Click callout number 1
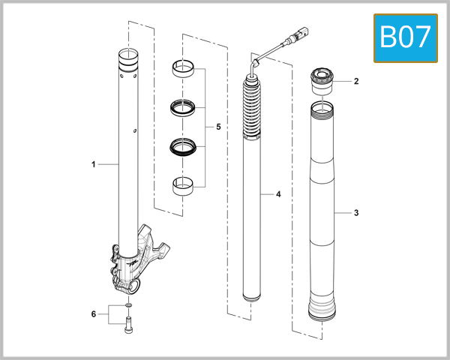pos(94,163)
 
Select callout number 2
pos(356,81)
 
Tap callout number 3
pos(356,213)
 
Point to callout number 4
pos(278,194)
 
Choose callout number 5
pos(218,127)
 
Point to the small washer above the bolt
pos(129,306)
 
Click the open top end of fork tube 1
pos(128,55)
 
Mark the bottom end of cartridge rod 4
pos(253,296)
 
